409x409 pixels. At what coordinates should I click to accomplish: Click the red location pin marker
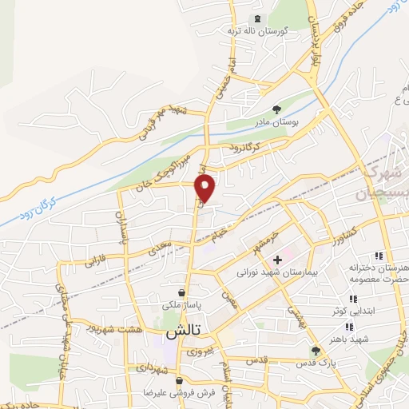206,189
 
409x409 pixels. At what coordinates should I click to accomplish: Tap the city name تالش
181,330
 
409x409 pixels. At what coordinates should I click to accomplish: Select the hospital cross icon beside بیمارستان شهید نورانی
277,260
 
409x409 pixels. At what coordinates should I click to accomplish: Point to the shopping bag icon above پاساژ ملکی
182,292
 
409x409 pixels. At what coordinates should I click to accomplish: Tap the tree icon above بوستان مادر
277,110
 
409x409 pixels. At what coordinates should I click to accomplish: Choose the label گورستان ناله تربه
257,30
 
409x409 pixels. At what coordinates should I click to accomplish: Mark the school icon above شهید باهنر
349,326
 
